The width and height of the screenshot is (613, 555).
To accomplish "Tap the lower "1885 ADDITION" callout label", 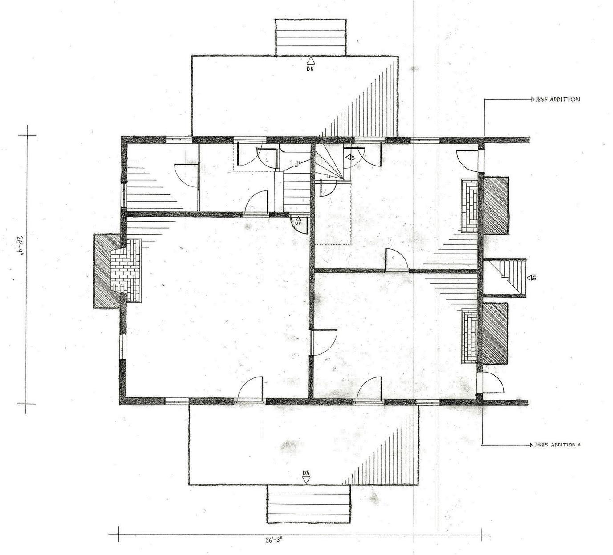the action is (x=556, y=445).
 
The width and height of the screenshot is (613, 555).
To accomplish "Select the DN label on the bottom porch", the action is (x=306, y=473).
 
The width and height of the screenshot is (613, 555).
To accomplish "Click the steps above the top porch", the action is (x=311, y=37).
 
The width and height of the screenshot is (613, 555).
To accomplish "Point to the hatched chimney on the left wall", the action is (x=107, y=271).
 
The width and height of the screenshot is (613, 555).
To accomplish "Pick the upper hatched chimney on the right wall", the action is (x=496, y=205).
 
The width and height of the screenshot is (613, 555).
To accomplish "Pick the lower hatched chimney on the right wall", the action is (x=495, y=334).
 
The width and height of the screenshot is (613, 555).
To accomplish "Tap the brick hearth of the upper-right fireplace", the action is (x=469, y=206).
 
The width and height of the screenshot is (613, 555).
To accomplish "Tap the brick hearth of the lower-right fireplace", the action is (x=469, y=336).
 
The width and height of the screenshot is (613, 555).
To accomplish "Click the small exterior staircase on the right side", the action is (x=504, y=278).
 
